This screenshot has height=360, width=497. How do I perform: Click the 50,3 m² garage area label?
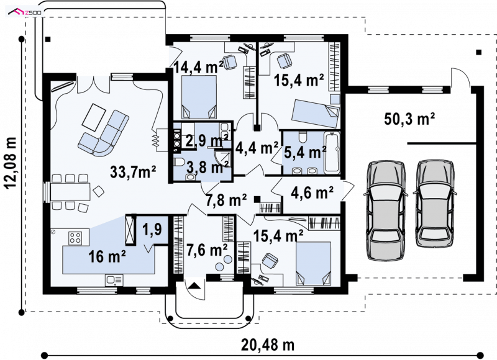(409, 119)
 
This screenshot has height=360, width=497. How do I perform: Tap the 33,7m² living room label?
(133, 172)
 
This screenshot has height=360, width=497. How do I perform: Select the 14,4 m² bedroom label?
(198, 67)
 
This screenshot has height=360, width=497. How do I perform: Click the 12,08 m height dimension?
(11, 163)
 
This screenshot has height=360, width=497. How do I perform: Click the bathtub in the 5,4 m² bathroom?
(332, 153)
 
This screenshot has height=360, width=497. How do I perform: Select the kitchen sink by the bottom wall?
(114, 279)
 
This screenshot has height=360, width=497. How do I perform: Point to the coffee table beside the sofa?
(94, 117)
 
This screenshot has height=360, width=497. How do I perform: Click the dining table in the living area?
(70, 192)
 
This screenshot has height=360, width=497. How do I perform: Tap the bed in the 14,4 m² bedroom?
(199, 97)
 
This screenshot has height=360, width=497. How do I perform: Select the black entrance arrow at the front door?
(194, 286)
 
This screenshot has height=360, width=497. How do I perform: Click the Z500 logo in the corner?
(25, 12)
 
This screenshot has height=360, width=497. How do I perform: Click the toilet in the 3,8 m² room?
(179, 162)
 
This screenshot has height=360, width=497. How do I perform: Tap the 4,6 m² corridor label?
(312, 192)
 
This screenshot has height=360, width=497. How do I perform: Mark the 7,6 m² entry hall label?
(207, 250)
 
